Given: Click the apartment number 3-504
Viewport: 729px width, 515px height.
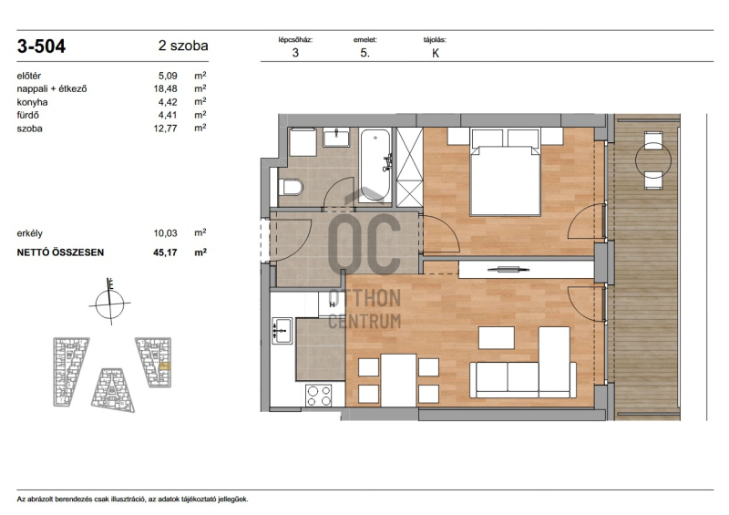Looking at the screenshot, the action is (x=41, y=46).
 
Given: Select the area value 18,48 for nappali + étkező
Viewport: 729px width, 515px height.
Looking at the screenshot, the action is (x=166, y=88).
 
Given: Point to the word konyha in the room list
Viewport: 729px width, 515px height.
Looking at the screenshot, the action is (x=32, y=102).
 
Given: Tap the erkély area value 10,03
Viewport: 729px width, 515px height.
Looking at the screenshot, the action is (x=166, y=233).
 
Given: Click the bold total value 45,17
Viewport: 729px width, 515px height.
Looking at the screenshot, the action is (x=166, y=252).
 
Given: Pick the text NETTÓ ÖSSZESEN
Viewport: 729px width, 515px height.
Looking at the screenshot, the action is (x=60, y=252).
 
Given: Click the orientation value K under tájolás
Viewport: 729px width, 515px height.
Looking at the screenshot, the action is (x=436, y=53).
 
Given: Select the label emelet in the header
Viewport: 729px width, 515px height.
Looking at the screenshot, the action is (x=365, y=40).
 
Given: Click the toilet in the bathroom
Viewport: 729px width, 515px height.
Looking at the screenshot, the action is (x=291, y=187).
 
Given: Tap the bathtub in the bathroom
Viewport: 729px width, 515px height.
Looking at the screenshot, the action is (x=375, y=165).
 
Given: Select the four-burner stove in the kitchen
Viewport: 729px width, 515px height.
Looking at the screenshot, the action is (x=319, y=396).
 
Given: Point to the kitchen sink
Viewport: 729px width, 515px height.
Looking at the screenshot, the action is (x=282, y=330).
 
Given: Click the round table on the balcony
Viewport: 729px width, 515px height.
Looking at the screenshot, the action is (x=653, y=160).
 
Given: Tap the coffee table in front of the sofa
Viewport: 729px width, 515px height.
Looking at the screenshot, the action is (x=497, y=338).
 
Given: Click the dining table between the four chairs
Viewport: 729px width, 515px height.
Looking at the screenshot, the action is (x=398, y=380).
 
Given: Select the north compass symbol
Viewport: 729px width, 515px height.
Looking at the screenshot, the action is (x=109, y=303).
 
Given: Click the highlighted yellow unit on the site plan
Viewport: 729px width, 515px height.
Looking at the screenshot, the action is (x=165, y=366).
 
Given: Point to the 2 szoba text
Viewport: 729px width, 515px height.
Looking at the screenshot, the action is (x=183, y=46).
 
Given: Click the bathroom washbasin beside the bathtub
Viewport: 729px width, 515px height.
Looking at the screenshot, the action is (x=336, y=138).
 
